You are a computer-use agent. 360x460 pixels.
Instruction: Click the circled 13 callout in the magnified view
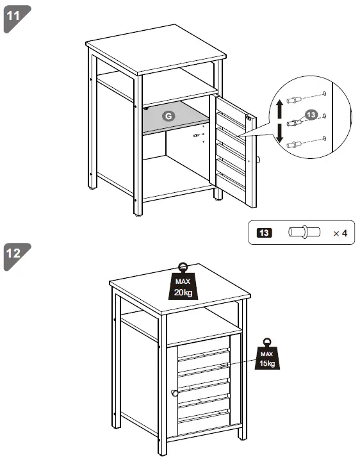[x=311, y=114]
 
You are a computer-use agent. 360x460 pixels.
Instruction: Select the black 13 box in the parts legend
[x=263, y=233]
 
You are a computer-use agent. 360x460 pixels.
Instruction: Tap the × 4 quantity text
[x=340, y=233]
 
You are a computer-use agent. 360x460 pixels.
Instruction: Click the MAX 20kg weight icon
[x=183, y=284]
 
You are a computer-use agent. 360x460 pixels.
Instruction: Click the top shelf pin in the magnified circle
[x=295, y=99]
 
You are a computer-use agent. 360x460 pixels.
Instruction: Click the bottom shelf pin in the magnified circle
[x=295, y=144]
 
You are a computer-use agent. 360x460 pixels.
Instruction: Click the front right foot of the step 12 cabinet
[x=241, y=439]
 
